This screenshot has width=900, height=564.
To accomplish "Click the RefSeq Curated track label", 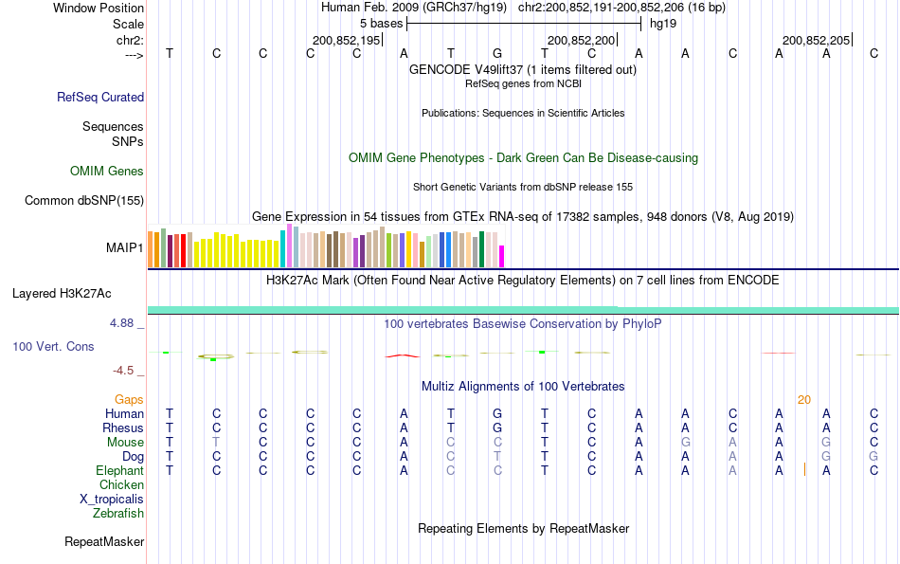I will coord(100,97).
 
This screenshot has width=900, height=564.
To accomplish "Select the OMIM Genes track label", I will coord(107,172).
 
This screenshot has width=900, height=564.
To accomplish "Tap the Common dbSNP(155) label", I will coord(84,200).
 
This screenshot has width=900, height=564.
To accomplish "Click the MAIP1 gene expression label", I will coord(125,247).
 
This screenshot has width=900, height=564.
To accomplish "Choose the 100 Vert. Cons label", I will coord(53,347).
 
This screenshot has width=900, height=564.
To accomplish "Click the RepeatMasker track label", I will coord(104,542).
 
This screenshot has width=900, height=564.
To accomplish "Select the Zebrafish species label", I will coord(118,514).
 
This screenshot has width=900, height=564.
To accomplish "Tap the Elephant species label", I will coord(119,471).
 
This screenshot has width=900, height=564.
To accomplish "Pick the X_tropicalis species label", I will coord(112,500).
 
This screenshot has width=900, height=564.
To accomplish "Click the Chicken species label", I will coord(121,485).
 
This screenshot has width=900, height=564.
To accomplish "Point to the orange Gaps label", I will coord(129,400).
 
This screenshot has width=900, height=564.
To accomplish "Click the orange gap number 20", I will coord(804,400).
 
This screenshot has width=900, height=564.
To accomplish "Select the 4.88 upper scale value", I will coord(123,323).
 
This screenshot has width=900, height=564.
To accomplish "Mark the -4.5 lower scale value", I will coord(123,371).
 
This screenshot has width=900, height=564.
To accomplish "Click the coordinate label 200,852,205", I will coord(816,40).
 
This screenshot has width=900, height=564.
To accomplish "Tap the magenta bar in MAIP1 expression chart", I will coord(502,256).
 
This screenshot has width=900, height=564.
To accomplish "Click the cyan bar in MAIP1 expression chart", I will coord(282,247).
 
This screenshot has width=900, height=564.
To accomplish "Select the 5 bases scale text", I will coord(381,23).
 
